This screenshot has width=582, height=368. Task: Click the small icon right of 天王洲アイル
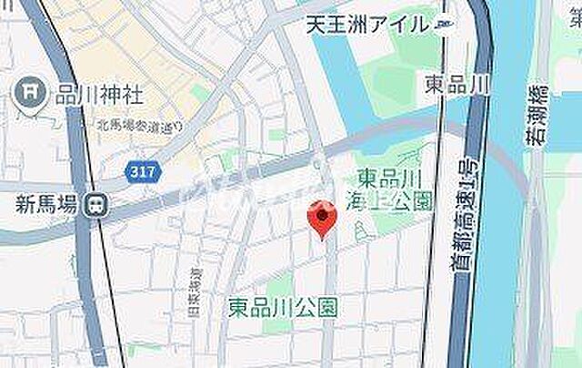[x=442, y=25]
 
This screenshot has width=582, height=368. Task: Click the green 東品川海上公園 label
[x=393, y=187]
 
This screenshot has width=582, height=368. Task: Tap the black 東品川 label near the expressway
[x=457, y=84]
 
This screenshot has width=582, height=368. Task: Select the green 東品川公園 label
[x=282, y=307]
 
